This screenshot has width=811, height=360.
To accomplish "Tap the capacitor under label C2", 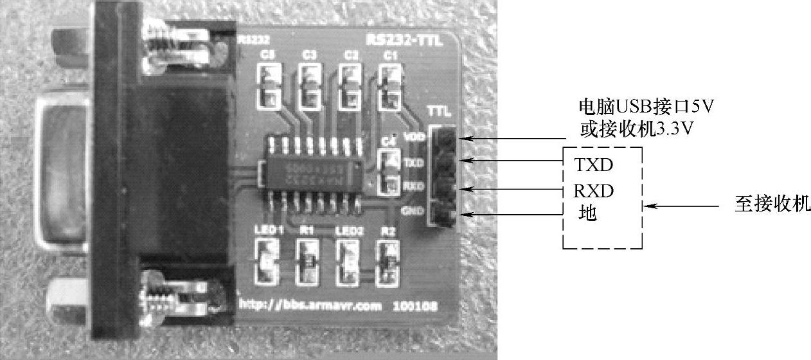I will tap(350, 88).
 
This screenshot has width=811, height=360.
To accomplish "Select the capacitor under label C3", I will tap(309, 88).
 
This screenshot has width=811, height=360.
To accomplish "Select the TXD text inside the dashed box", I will tap(593, 166).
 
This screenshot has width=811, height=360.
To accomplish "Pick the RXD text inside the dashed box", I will tap(594, 191).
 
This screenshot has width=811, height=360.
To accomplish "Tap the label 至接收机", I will tap(772, 205).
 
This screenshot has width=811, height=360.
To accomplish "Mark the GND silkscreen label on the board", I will tap(410, 210).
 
